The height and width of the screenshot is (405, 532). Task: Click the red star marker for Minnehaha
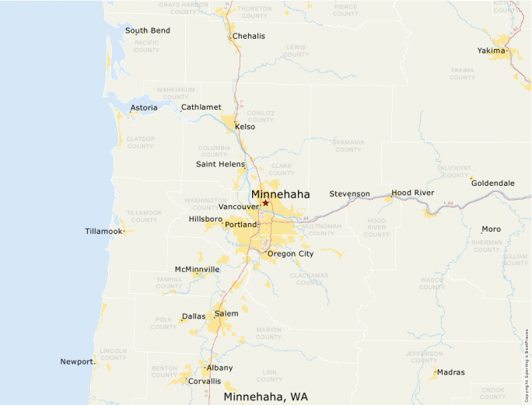(265, 203)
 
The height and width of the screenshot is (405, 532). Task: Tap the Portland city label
(240, 225)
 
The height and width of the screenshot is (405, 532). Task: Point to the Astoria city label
(143, 108)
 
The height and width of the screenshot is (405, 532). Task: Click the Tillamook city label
(104, 232)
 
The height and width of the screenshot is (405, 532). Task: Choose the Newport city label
(77, 361)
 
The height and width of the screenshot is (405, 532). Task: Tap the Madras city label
(450, 372)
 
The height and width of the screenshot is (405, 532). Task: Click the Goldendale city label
(492, 183)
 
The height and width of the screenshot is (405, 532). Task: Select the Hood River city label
(413, 193)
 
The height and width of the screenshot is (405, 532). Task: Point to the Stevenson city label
(349, 194)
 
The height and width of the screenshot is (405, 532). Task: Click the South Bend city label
(148, 31)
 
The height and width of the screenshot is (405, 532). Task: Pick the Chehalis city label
(248, 37)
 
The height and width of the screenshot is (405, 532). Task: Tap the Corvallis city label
(204, 382)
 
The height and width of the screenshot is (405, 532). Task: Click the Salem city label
(226, 313)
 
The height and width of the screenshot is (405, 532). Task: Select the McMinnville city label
(197, 269)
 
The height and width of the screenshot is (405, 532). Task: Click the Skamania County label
(348, 145)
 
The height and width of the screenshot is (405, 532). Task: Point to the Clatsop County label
(141, 142)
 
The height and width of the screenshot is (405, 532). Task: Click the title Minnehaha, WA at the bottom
(265, 396)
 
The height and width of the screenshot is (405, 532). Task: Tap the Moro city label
(491, 229)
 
